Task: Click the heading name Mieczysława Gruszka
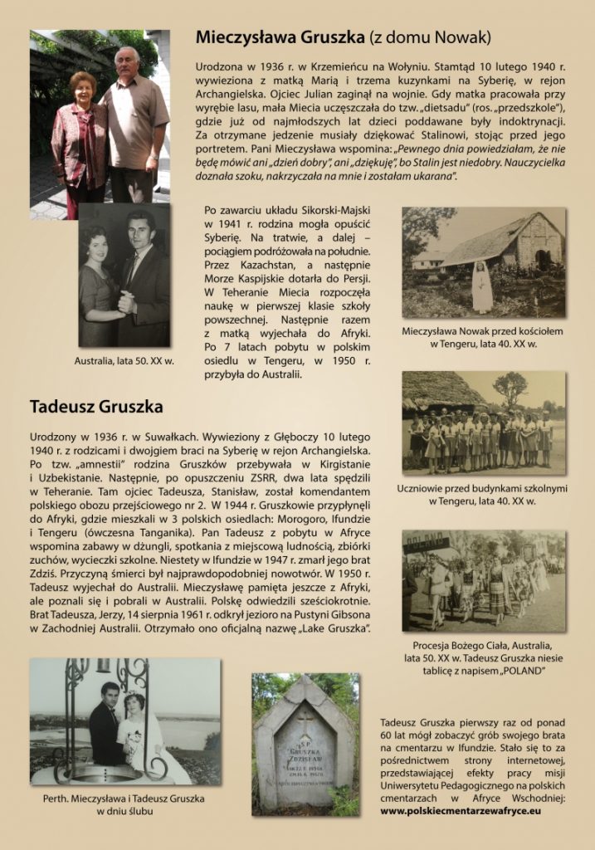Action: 281,37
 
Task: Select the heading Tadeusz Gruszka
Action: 96,407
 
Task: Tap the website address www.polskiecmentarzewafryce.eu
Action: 461,809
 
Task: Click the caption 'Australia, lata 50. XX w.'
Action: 124,361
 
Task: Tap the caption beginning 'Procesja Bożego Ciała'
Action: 482,645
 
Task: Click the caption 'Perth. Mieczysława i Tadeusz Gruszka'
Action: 124,798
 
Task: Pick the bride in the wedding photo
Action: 136,735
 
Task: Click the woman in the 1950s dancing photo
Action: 100,286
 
